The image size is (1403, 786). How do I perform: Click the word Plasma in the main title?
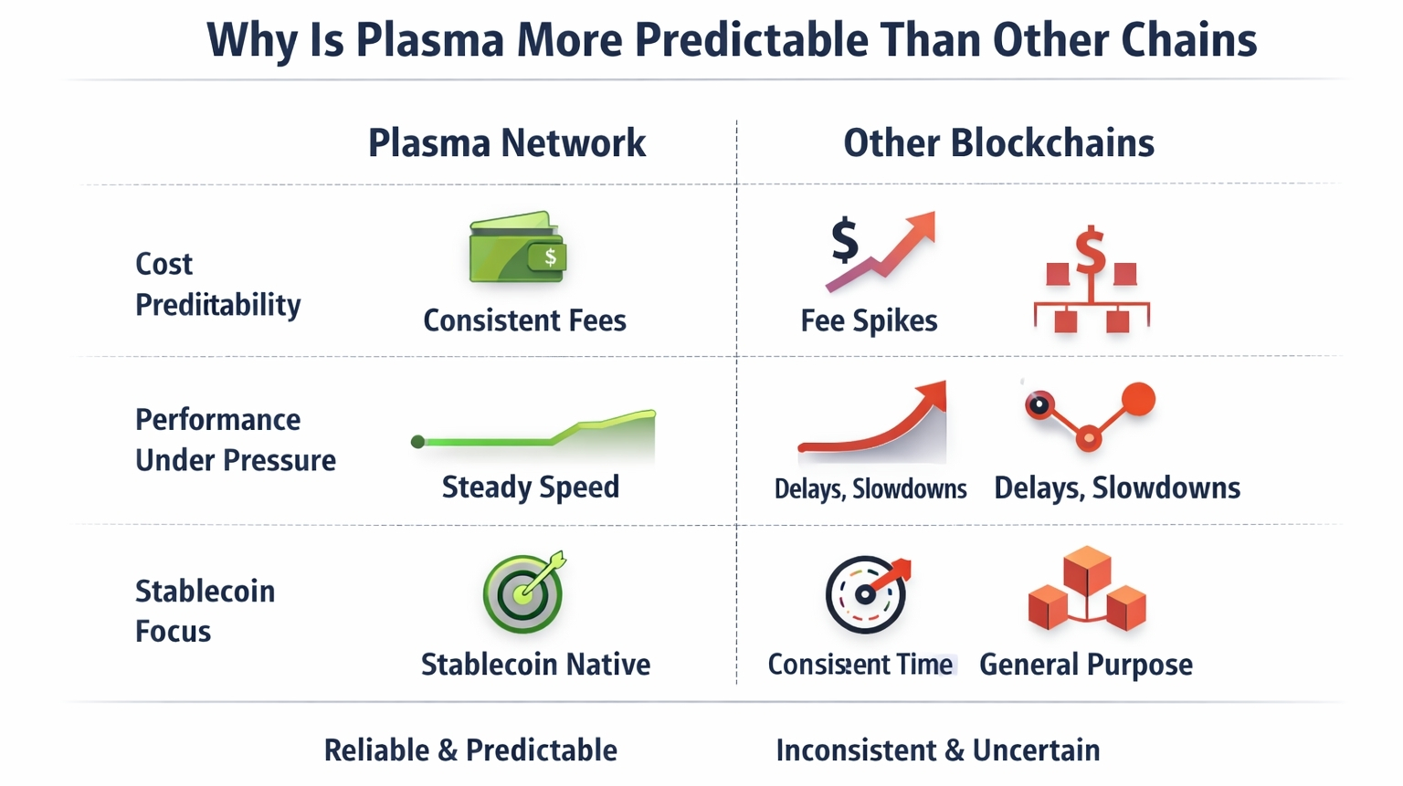(x=430, y=40)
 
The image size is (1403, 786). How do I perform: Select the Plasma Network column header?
(x=507, y=143)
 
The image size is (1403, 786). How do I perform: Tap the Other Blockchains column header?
(x=998, y=143)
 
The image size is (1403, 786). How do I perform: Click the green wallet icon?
(x=518, y=246)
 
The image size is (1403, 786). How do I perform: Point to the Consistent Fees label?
(x=525, y=320)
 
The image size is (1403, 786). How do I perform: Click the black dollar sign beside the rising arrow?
(x=844, y=240)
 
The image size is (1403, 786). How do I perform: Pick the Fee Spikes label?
(x=869, y=321)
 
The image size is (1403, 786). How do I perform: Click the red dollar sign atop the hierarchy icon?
(x=1091, y=250)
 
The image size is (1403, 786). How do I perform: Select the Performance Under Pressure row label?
(x=236, y=440)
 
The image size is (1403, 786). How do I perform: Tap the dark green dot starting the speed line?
(x=417, y=442)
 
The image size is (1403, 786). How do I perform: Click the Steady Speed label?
(x=531, y=487)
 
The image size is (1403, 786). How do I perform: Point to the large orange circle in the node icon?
(x=1138, y=399)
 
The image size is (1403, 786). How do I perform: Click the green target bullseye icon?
(x=523, y=592)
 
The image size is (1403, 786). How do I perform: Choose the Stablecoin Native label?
(x=535, y=665)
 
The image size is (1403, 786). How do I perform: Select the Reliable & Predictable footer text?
(x=470, y=750)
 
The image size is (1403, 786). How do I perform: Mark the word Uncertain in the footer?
(x=1036, y=750)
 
